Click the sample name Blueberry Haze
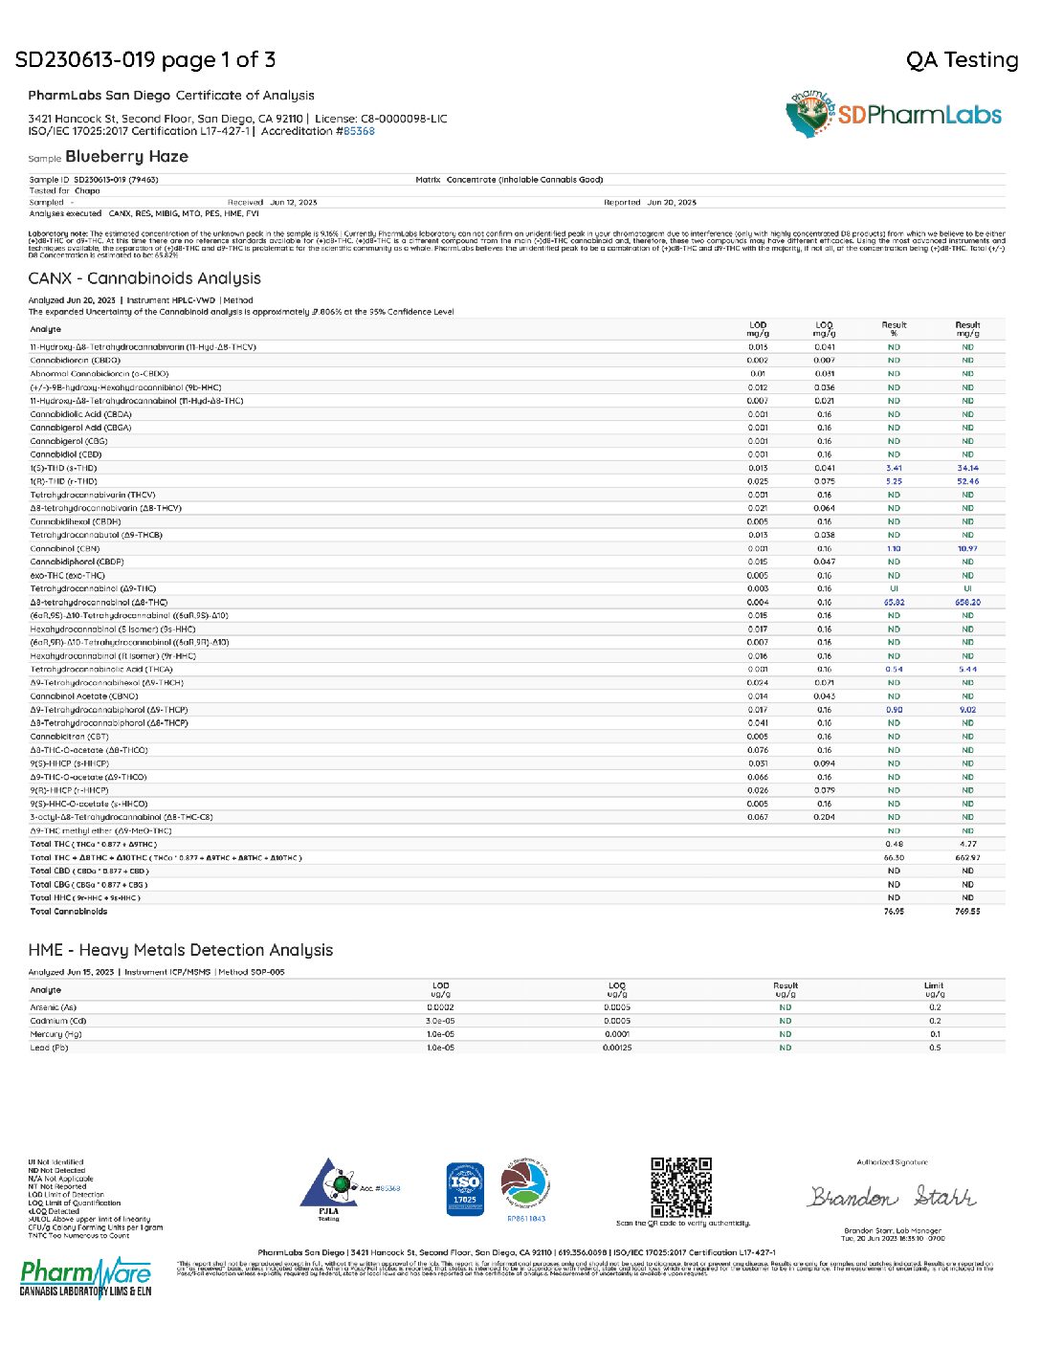tap(126, 157)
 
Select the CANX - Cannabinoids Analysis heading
tap(144, 278)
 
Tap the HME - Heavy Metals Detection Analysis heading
tap(181, 950)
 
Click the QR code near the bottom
tap(681, 1186)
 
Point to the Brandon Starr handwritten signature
tap(892, 1197)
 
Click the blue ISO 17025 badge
tap(465, 1189)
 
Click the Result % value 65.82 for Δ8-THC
tap(894, 603)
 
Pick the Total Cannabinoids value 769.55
tap(967, 912)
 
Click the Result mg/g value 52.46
tap(967, 482)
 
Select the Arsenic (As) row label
tap(54, 1007)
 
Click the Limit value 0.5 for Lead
tap(935, 1048)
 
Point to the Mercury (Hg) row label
tap(55, 1034)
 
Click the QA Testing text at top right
tap(962, 60)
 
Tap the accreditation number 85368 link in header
tap(359, 131)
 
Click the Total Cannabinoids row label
tap(69, 912)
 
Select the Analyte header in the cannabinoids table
tap(46, 329)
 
